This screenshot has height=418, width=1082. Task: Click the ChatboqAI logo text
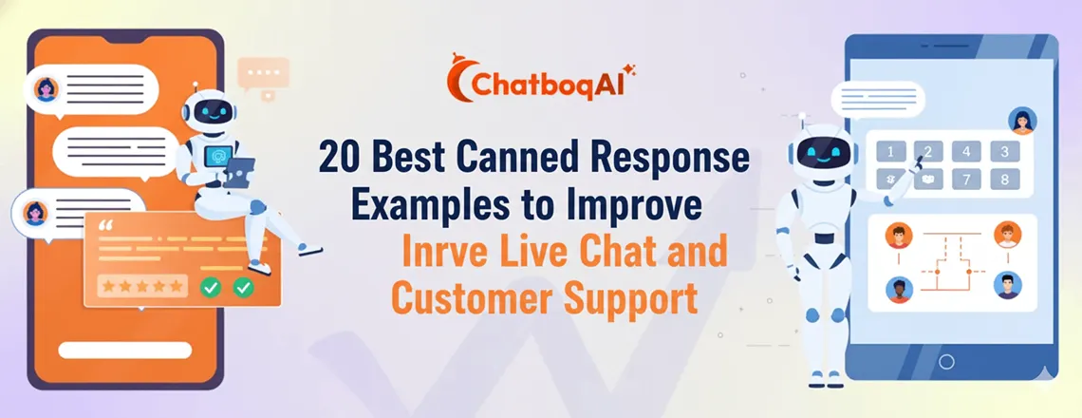click(x=550, y=84)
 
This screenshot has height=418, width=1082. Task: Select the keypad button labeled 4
click(x=965, y=152)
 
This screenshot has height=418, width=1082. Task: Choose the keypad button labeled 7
click(x=965, y=179)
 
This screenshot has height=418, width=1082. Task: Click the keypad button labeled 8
click(x=1002, y=179)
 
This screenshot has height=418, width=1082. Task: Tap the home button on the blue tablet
click(x=945, y=361)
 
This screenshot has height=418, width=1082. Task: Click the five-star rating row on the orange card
click(x=142, y=285)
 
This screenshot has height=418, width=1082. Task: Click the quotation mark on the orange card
click(x=105, y=228)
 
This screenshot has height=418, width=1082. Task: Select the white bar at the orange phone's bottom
click(x=124, y=350)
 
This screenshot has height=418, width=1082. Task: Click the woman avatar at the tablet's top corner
click(x=1022, y=121)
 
